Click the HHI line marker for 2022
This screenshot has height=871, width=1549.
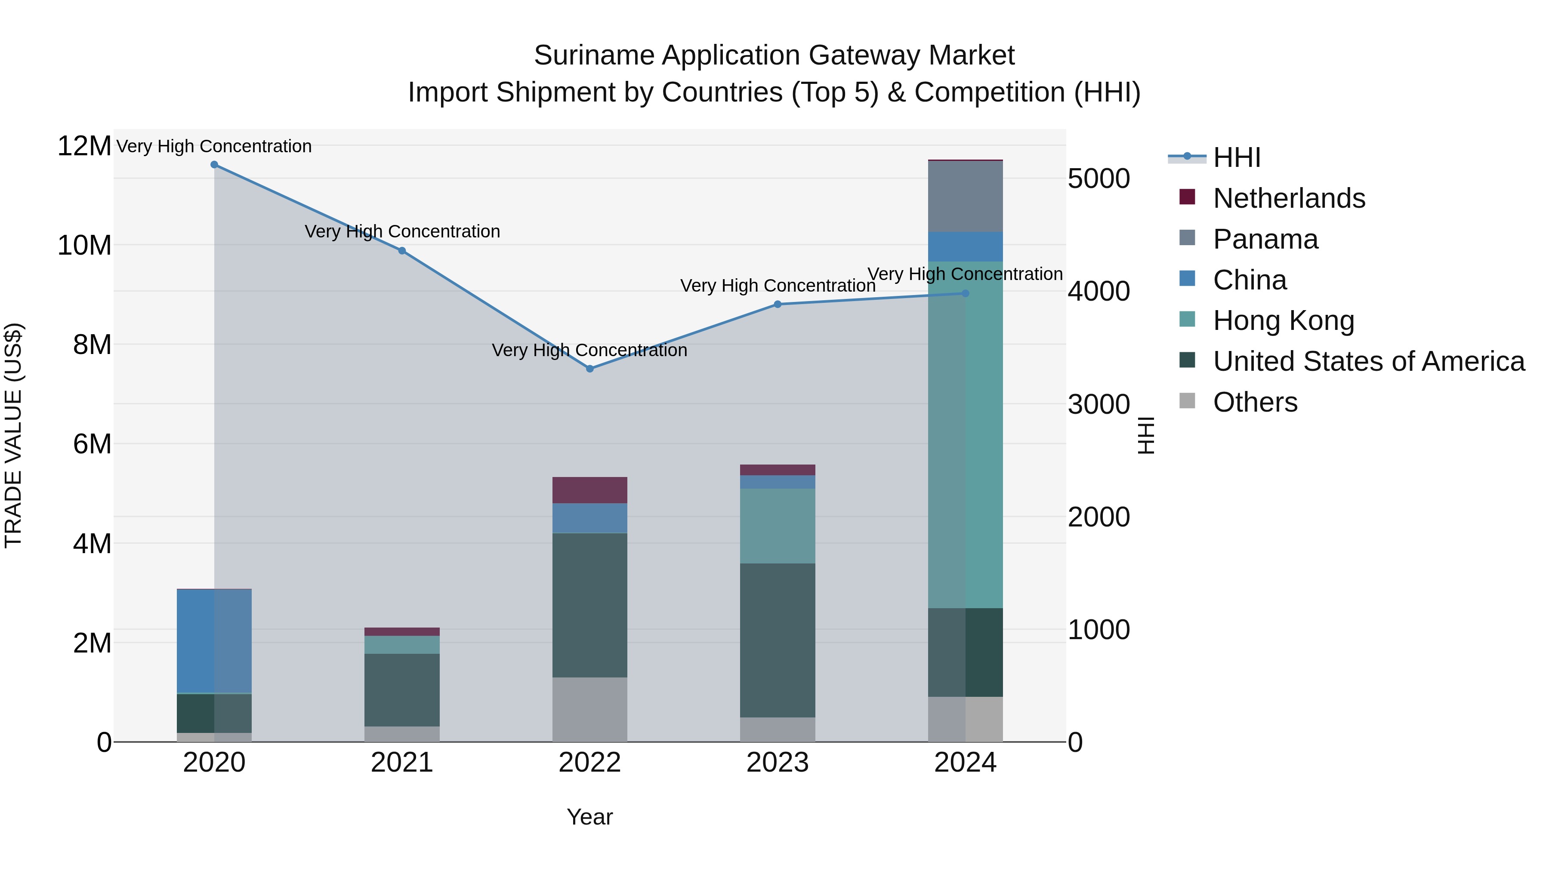pyautogui.click(x=589, y=369)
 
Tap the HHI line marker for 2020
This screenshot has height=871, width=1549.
pyautogui.click(x=214, y=165)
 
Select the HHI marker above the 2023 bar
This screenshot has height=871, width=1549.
pyautogui.click(x=778, y=304)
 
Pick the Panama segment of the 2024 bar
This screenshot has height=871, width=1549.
pyautogui.click(x=965, y=196)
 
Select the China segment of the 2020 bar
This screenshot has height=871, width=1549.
pyautogui.click(x=214, y=641)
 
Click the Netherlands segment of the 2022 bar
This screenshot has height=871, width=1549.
pyautogui.click(x=589, y=490)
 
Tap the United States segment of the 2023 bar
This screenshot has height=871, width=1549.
pyautogui.click(x=778, y=640)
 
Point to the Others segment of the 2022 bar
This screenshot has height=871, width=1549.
pyautogui.click(x=589, y=709)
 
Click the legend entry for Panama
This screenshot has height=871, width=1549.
pyautogui.click(x=1265, y=239)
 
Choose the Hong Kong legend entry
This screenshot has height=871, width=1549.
pyautogui.click(x=1283, y=320)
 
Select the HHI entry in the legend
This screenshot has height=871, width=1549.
pyautogui.click(x=1236, y=157)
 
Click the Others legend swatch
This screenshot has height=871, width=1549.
pyautogui.click(x=1187, y=401)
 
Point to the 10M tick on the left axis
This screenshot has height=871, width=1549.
pyautogui.click(x=84, y=245)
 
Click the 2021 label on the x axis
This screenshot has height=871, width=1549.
pyautogui.click(x=402, y=763)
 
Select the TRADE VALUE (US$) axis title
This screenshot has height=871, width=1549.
pyautogui.click(x=13, y=435)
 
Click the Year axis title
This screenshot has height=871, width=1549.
pyautogui.click(x=589, y=817)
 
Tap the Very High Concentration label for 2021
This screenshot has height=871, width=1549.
pyautogui.click(x=402, y=231)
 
